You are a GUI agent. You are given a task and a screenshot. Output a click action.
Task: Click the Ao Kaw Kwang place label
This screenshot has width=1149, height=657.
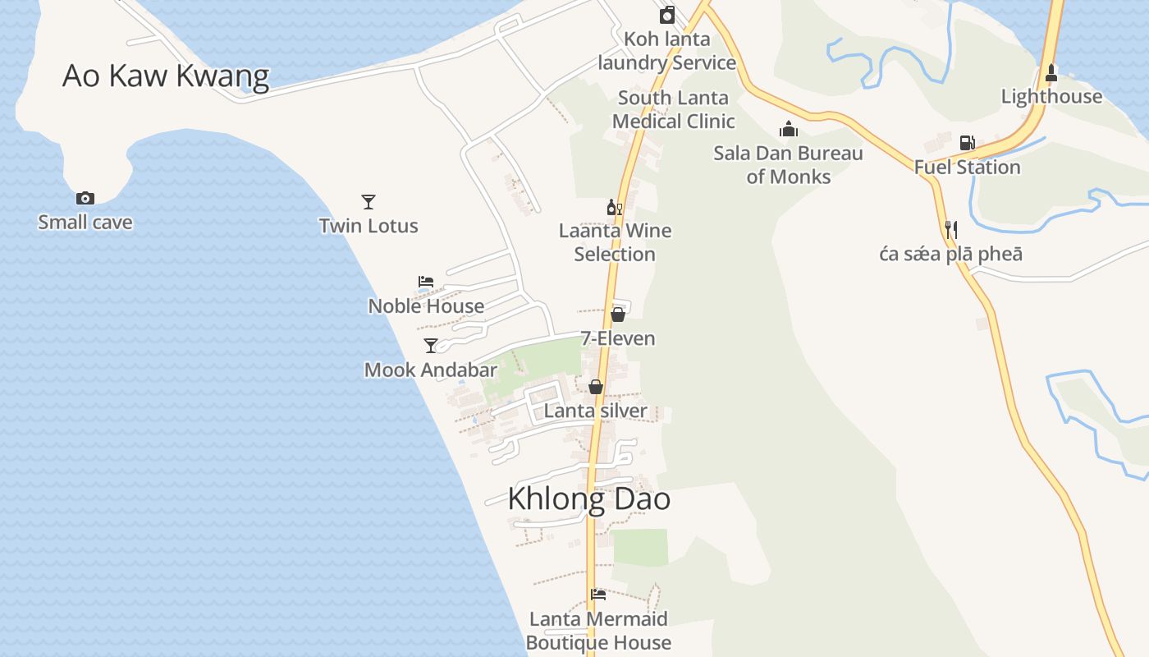tap(166, 76)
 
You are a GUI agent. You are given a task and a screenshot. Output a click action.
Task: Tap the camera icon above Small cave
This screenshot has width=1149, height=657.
tap(85, 198)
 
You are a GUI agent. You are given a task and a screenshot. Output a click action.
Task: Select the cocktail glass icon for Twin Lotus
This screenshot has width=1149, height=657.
tap(369, 201)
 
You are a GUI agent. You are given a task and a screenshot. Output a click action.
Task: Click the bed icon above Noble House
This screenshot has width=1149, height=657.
tap(425, 282)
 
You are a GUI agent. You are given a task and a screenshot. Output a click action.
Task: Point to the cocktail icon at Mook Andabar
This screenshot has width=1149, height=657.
tap(430, 345)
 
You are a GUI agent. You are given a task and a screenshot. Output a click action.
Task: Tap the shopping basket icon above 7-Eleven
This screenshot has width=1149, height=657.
tap(618, 314)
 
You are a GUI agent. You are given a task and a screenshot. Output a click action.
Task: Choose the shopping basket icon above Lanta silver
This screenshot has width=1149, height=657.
tap(596, 386)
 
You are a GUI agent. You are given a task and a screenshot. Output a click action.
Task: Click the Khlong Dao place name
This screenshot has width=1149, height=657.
tap(588, 499)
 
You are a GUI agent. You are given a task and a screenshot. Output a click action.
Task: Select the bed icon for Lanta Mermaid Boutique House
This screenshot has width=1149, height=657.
tap(597, 595)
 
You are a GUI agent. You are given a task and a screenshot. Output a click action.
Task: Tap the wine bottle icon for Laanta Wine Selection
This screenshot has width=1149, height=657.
tap(614, 207)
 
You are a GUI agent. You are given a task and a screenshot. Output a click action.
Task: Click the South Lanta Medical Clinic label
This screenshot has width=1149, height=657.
tap(673, 109)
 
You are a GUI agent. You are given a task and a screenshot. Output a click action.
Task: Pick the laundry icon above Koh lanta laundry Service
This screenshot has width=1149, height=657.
tap(666, 15)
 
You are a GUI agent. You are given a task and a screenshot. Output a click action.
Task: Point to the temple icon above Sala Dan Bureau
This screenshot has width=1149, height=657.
tap(788, 129)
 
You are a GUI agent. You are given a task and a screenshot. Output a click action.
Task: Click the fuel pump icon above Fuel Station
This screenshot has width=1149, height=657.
tap(967, 143)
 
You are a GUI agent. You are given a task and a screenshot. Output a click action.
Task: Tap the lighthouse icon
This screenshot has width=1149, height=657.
tap(1051, 73)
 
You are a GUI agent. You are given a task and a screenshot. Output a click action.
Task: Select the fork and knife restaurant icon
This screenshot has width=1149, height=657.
tap(950, 230)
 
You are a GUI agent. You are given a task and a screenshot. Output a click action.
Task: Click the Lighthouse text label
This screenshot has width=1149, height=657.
tap(1051, 97)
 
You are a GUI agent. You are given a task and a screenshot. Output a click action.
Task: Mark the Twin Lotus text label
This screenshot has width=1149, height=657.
tap(369, 226)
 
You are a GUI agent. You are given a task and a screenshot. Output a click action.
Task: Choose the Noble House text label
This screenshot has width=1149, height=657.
tap(426, 306)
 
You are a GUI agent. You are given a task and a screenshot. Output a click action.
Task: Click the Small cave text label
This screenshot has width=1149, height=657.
tap(85, 223)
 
